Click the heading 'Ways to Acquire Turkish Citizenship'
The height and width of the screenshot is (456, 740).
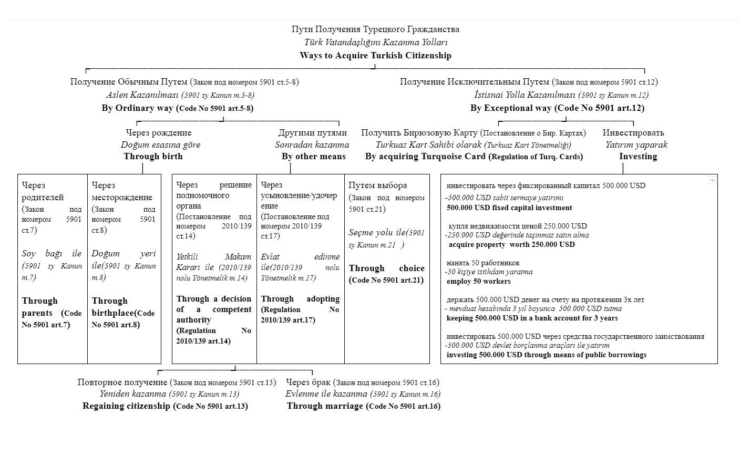pos(375,55)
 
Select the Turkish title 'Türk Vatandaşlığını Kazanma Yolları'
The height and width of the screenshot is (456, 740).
pos(375,42)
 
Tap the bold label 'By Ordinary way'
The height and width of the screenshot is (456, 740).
pos(138,108)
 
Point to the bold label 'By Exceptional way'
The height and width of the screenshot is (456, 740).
pos(511,108)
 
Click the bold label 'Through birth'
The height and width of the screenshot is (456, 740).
pos(153,156)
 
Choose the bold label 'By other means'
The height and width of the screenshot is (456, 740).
pos(313,156)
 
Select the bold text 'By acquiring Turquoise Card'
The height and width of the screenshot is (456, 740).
pos(425,156)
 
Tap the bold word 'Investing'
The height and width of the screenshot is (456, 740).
pos(638,156)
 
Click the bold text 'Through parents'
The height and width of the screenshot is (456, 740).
pos(40,307)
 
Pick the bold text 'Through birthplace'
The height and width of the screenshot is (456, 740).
pos(110,307)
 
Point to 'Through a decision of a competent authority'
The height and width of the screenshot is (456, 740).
pos(213,309)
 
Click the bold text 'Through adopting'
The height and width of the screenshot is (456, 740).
pos(300,299)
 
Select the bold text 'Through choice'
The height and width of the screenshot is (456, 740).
pos(386,268)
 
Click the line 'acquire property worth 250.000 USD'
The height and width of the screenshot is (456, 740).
pos(511,244)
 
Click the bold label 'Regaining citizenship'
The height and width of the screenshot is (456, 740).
pos(126,406)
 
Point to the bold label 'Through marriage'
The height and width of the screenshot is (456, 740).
pos(325,406)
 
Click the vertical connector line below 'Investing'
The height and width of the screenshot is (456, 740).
pos(623,168)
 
